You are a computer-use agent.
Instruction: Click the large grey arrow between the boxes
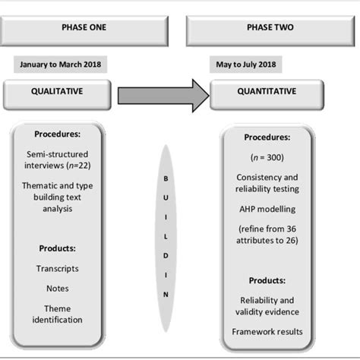click(164, 95)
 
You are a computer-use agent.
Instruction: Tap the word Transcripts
click(58, 267)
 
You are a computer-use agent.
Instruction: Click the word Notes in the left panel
click(58, 288)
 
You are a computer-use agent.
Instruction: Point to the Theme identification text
click(58, 314)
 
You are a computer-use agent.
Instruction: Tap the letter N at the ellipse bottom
click(165, 293)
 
